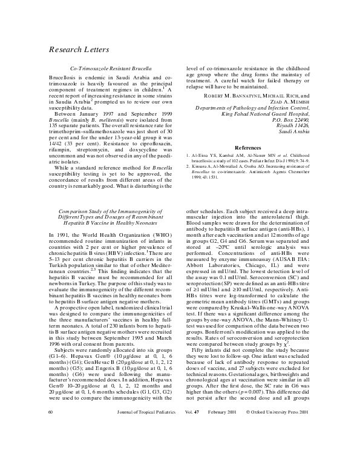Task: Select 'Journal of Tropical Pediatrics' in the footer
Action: (146, 429)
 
